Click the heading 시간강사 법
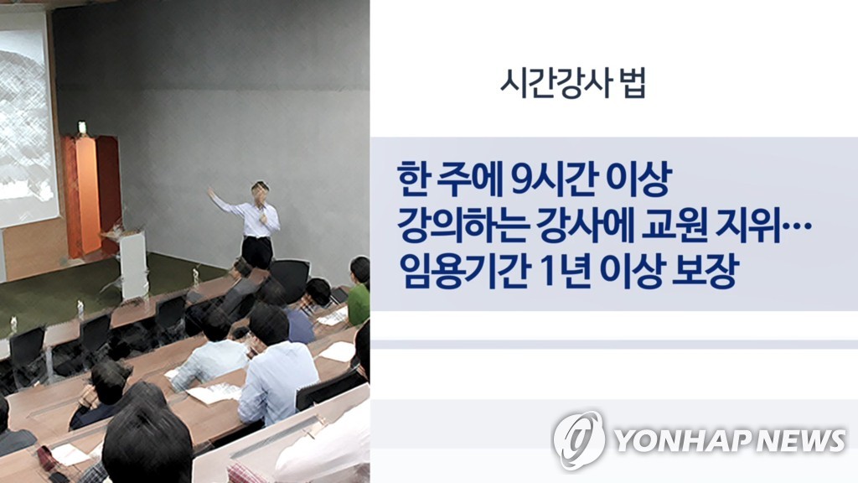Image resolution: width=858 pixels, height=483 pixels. [573, 84]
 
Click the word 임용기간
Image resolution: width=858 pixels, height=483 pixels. [463, 270]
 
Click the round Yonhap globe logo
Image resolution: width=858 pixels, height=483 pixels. [578, 439]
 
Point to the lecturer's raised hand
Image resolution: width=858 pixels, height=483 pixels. [210, 192]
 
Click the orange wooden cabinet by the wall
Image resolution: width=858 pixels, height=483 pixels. [91, 195]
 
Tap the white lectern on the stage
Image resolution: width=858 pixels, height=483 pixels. [133, 262]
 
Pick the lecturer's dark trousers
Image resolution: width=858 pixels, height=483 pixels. [257, 252]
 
